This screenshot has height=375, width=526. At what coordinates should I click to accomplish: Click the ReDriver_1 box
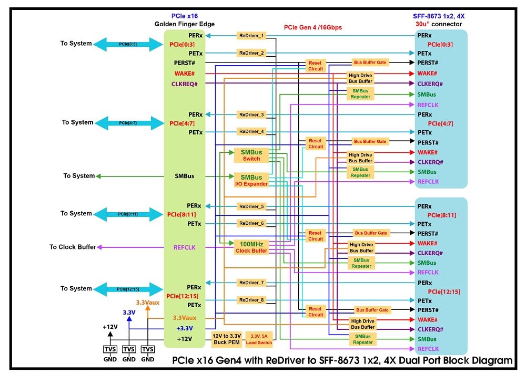(251, 36)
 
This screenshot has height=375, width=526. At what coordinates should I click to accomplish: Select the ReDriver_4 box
(251, 132)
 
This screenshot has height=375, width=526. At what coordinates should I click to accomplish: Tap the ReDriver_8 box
(251, 300)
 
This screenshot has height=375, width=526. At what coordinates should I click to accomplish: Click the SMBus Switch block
(251, 155)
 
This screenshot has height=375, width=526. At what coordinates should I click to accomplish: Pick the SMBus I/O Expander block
(251, 180)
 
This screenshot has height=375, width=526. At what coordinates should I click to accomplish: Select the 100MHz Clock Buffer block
(251, 247)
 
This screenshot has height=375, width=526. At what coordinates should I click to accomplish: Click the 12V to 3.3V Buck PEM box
(227, 339)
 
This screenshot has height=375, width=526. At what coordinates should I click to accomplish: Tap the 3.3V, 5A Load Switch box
(259, 339)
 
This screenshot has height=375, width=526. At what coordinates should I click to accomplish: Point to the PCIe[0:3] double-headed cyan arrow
(128, 44)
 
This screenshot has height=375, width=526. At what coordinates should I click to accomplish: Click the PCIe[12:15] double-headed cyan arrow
(128, 289)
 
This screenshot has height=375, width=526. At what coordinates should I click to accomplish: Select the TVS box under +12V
(110, 349)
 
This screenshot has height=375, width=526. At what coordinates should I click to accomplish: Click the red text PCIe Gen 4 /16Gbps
(313, 27)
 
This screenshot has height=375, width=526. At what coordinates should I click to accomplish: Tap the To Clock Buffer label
(73, 247)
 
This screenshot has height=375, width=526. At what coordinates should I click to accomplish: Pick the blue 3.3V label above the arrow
(129, 312)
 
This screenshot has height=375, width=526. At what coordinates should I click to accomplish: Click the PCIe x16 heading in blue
(185, 16)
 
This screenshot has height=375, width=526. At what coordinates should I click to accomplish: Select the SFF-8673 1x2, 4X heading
(439, 16)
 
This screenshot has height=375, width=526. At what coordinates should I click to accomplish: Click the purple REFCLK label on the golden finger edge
(185, 247)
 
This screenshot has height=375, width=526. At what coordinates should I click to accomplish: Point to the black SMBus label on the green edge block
(185, 176)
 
